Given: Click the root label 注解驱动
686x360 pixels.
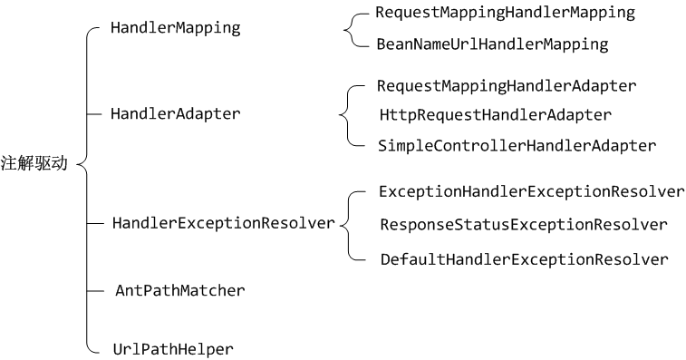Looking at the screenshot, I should [x=34, y=164].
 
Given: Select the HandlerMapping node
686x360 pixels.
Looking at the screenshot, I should [x=175, y=27].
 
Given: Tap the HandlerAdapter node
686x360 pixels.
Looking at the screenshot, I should [x=175, y=113].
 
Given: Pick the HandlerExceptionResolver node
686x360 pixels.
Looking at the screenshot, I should [x=223, y=222].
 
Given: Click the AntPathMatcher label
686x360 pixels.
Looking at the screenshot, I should [x=179, y=290].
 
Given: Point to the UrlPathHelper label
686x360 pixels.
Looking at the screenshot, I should [x=172, y=348].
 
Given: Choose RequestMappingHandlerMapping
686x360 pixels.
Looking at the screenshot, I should [x=505, y=14].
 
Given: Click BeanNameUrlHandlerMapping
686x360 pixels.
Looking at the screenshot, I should [x=491, y=44].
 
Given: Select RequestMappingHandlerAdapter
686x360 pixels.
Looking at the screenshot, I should [x=507, y=86].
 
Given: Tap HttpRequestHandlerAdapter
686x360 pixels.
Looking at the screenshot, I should [x=496, y=115].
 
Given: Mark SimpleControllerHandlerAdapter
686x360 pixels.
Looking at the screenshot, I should [x=517, y=145].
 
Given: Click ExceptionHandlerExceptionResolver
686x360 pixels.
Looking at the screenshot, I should [x=531, y=192].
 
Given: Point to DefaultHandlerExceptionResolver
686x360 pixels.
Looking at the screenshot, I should [x=524, y=259].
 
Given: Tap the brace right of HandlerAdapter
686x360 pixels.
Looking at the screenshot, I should [x=344, y=115].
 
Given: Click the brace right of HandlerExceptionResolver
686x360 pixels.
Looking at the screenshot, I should [x=347, y=224].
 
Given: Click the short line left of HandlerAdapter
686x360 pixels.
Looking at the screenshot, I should [x=95, y=113].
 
